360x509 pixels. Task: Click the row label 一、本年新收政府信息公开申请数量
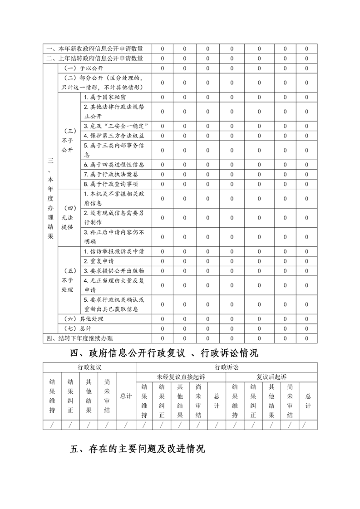(95, 49)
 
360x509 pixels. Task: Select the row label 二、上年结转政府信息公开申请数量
(95, 58)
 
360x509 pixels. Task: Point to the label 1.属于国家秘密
(105, 97)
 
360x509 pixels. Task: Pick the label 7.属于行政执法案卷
(111, 174)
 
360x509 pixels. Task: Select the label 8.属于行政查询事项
(111, 184)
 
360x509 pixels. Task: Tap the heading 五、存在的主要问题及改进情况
(138, 449)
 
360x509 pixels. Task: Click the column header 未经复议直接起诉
(181, 377)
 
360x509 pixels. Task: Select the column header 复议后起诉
(271, 377)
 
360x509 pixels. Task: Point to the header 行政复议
(89, 367)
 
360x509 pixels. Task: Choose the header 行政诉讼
(226, 367)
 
